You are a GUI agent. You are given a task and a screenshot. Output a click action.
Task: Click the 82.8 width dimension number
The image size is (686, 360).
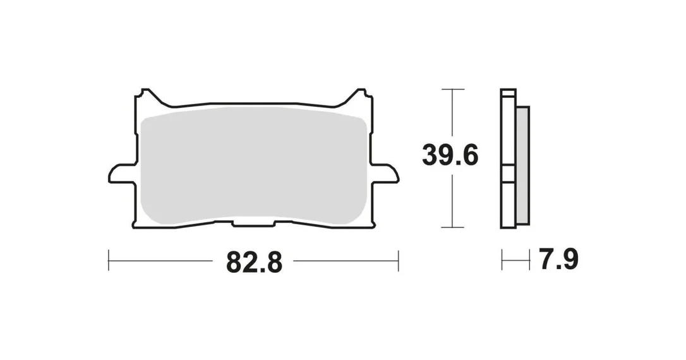(254, 261)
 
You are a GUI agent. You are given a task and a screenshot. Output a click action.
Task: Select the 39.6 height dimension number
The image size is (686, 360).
(450, 155)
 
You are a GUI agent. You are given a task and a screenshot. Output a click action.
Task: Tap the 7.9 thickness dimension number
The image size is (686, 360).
(559, 260)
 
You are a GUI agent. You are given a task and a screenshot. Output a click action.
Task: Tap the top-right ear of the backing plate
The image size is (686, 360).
(359, 96)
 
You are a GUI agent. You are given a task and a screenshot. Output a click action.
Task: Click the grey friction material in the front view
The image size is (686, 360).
(253, 165)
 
